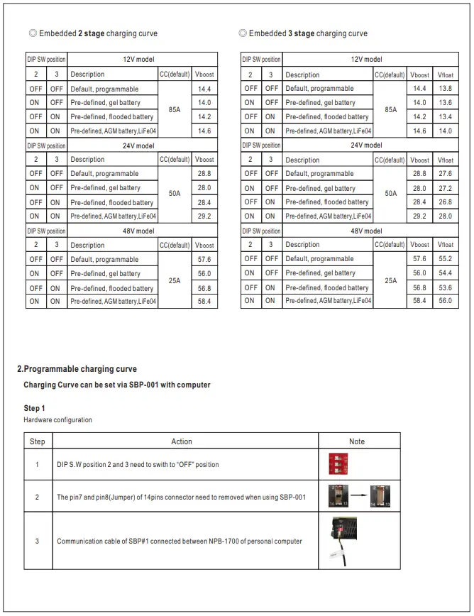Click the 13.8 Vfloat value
tap(445, 89)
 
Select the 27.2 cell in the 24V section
tap(445, 188)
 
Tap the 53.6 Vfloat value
tap(445, 287)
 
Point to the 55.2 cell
tap(445, 259)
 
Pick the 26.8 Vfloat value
tap(445, 202)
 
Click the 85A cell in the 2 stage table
tap(175, 110)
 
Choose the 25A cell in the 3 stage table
tap(390, 280)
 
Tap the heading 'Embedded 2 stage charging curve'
tap(93, 33)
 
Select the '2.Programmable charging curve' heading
tap(77, 369)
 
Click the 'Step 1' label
tap(34, 408)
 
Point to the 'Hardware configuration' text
tap(57, 420)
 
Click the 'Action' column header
tap(182, 441)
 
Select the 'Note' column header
tap(357, 441)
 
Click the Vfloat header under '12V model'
tap(445, 75)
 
